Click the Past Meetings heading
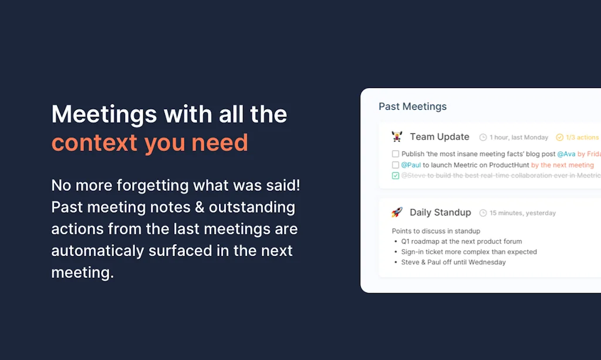pyautogui.click(x=413, y=106)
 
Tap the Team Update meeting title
pyautogui.click(x=439, y=137)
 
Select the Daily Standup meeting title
pyautogui.click(x=440, y=213)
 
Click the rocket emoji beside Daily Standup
pyautogui.click(x=397, y=213)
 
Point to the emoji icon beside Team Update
pyautogui.click(x=397, y=137)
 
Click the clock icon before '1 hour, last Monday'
pyautogui.click(x=483, y=137)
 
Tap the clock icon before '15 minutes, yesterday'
pyautogui.click(x=483, y=213)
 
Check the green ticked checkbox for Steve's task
pyautogui.click(x=396, y=176)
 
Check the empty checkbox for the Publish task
pyautogui.click(x=396, y=154)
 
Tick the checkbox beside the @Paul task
pyautogui.click(x=396, y=165)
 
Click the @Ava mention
pyautogui.click(x=566, y=154)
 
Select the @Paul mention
pyautogui.click(x=411, y=165)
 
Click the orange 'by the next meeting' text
pyautogui.click(x=562, y=165)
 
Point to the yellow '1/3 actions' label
pyautogui.click(x=582, y=137)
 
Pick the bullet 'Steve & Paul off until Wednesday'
pyautogui.click(x=453, y=262)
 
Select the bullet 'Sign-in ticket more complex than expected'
pyautogui.click(x=469, y=252)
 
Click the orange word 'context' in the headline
pyautogui.click(x=94, y=143)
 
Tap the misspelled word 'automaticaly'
pyautogui.click(x=96, y=251)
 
